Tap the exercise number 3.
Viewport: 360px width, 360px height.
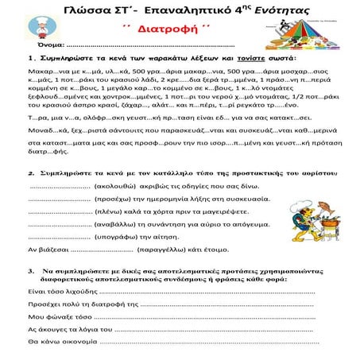pos(30,292)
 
